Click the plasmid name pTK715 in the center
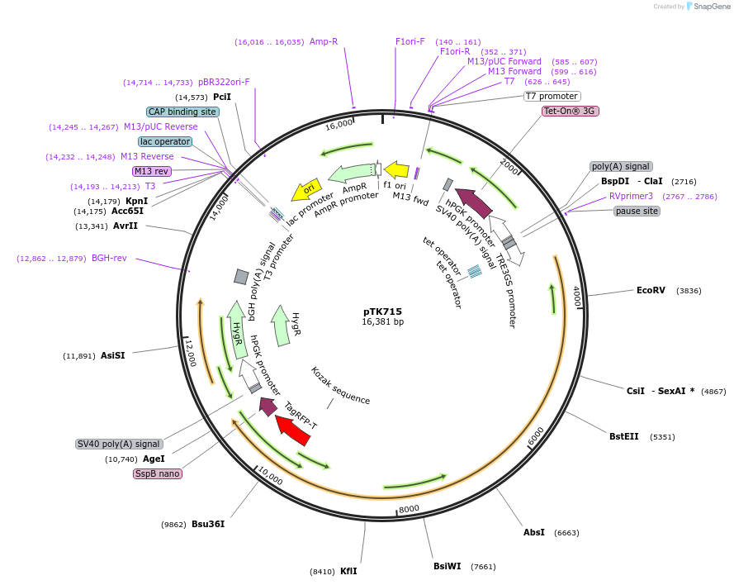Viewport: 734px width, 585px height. [x=382, y=312]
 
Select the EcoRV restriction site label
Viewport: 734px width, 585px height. [x=651, y=290]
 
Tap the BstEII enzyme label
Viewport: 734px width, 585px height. [x=624, y=436]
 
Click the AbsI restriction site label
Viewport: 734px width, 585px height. [x=534, y=532]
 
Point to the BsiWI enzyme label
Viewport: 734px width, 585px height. [x=447, y=566]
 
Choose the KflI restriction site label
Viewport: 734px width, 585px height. [x=348, y=571]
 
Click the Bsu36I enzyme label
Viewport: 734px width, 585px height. [x=208, y=524]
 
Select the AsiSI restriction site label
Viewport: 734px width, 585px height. [x=113, y=356]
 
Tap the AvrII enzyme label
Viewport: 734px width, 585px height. [x=125, y=226]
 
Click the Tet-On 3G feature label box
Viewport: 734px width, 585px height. [x=570, y=111]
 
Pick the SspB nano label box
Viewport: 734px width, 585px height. [x=158, y=473]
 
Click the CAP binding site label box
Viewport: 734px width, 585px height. [x=182, y=112]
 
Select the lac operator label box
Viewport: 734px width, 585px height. [x=165, y=141]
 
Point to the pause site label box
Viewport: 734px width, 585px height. [x=637, y=211]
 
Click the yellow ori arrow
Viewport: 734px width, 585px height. [x=306, y=190]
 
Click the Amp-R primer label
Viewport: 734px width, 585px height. [x=324, y=41]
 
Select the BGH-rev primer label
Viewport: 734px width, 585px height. [x=109, y=259]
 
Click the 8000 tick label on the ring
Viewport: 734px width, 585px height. [x=409, y=508]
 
